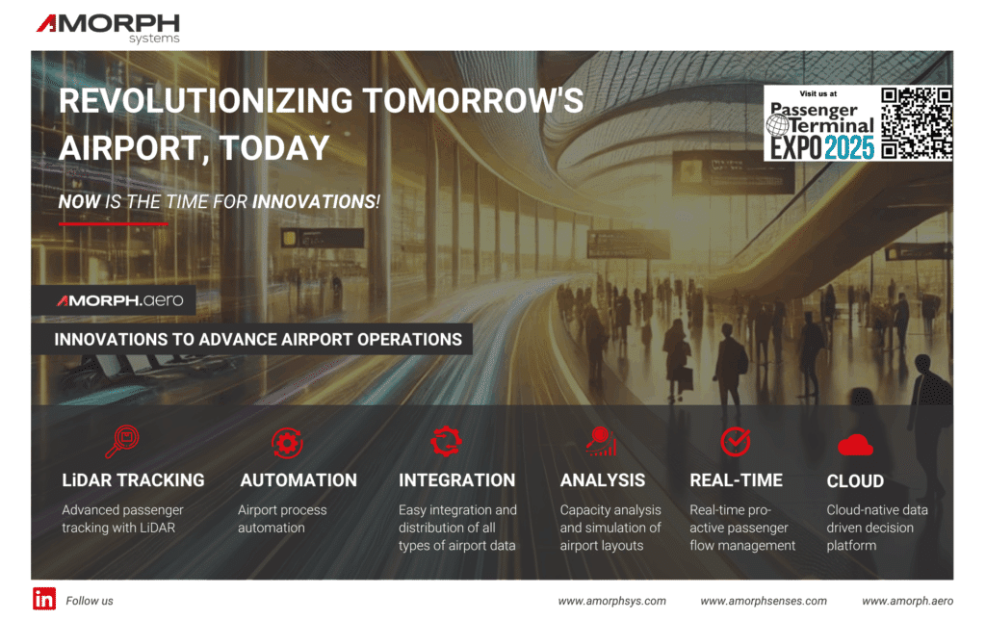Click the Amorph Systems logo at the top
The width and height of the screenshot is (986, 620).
(x=108, y=27)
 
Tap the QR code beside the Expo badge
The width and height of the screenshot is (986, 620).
(x=917, y=122)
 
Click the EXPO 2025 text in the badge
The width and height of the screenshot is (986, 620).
(x=821, y=146)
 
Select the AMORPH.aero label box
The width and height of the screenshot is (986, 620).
(x=119, y=300)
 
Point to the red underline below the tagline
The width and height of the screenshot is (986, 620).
(x=113, y=222)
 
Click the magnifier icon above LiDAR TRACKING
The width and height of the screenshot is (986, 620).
(x=122, y=441)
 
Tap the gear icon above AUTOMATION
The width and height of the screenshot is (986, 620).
(x=286, y=442)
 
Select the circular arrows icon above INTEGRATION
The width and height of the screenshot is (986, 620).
(x=446, y=441)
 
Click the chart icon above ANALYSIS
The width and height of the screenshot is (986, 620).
(x=601, y=441)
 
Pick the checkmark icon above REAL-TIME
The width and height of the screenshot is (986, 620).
(x=736, y=441)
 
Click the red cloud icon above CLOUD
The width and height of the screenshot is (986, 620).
(x=854, y=444)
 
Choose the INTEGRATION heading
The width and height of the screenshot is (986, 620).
(x=456, y=479)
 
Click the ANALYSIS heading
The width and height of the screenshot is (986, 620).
(x=603, y=479)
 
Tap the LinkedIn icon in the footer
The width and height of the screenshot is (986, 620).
(x=44, y=598)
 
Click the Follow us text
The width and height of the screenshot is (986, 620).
(x=90, y=601)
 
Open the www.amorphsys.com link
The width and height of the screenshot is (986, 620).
(x=611, y=601)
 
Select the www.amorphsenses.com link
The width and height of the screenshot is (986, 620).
(x=763, y=601)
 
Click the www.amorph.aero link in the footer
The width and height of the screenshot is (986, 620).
(x=907, y=601)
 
